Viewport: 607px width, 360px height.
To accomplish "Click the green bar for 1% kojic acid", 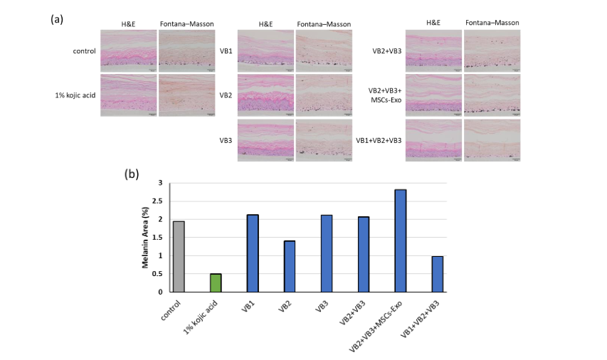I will tap(216, 282).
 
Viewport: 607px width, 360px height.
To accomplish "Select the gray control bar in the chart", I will tap(179, 256).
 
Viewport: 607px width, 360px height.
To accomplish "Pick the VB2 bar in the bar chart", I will tap(290, 266).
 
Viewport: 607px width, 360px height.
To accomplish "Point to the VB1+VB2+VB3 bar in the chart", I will tap(438, 274).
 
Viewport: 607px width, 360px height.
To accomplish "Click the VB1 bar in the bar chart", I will tap(253, 253).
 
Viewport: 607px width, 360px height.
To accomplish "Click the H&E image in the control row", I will tap(128, 51).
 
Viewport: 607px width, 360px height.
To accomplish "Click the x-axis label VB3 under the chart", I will tap(322, 303).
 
